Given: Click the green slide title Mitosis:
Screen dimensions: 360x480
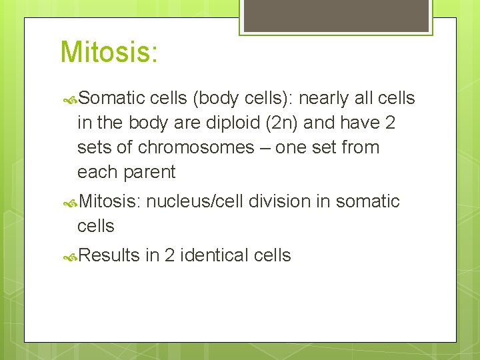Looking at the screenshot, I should click(x=109, y=53).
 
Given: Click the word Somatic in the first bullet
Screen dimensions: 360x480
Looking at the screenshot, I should click(x=111, y=99).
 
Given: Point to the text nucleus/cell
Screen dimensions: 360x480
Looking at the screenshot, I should click(x=194, y=201).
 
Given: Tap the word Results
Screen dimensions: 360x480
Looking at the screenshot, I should click(x=109, y=255).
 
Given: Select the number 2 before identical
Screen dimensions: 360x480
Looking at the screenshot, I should click(x=169, y=255).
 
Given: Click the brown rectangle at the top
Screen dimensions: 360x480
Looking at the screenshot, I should click(x=336, y=15).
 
